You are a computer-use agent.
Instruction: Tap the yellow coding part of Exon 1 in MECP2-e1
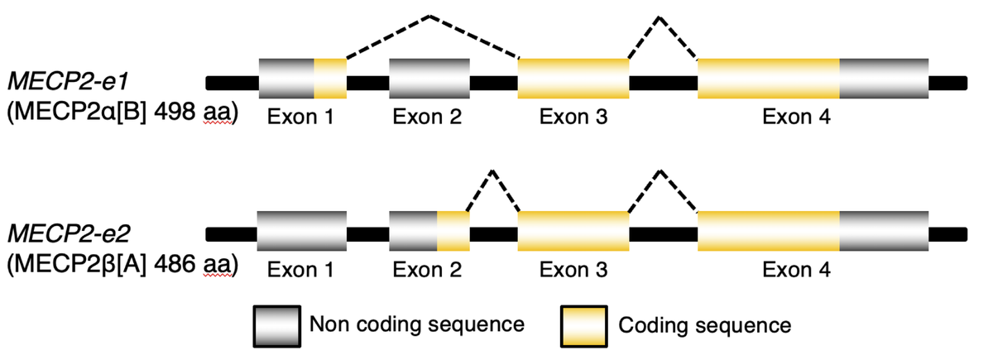330,79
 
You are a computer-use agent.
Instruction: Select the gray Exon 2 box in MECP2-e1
429,79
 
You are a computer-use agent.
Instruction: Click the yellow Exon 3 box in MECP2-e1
573,79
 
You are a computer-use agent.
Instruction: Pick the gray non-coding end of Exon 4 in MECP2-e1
884,79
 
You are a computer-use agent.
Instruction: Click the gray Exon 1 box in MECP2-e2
302,230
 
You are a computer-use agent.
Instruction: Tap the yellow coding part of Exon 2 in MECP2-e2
453,230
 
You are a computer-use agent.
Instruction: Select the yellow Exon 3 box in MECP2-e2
573,230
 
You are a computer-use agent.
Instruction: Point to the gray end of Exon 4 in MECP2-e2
884,230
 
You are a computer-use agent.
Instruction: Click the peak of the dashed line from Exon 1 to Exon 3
429,16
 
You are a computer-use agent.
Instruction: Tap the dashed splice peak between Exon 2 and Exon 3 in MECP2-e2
492,171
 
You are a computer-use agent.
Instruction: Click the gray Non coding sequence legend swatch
276,324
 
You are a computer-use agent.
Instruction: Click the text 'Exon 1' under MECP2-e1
300,118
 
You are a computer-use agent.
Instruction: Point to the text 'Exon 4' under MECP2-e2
796,269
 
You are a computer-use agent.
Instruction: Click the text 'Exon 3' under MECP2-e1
573,118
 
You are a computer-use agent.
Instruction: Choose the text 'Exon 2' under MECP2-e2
428,269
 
